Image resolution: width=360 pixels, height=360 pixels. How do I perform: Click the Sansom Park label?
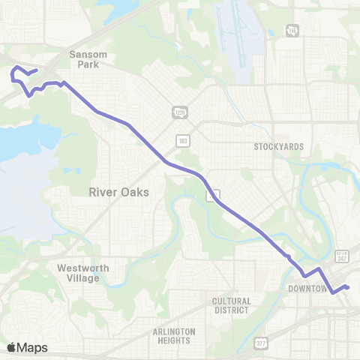(x=88, y=59)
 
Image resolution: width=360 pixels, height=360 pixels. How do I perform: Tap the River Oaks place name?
(x=118, y=192)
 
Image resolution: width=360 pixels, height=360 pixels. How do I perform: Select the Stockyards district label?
(x=278, y=146)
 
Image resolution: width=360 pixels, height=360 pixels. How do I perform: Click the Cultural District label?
(x=231, y=305)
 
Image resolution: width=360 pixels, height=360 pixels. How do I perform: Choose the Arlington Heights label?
(x=174, y=335)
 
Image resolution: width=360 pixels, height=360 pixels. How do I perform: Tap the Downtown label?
(x=308, y=289)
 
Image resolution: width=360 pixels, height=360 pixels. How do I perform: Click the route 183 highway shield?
(x=183, y=140)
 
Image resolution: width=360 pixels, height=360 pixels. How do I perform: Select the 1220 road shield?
(x=179, y=112)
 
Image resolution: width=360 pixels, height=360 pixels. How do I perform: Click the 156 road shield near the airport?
(x=291, y=30)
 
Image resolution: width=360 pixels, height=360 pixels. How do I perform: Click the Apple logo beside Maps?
(x=11, y=347)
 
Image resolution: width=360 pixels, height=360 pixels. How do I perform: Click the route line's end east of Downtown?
(x=349, y=287)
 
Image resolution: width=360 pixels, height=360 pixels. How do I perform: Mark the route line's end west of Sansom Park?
(x=37, y=70)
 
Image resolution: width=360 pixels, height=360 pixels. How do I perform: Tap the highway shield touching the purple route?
(x=214, y=194)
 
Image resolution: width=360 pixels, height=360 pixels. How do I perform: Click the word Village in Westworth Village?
(x=82, y=278)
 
